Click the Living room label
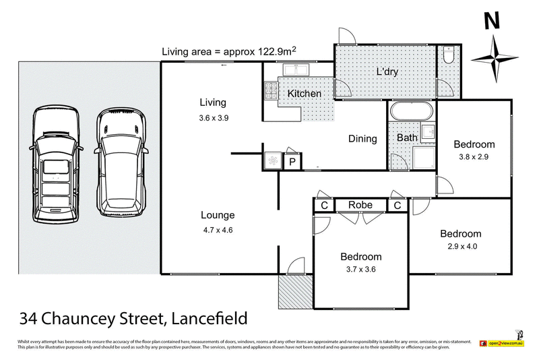pyautogui.click(x=212, y=102)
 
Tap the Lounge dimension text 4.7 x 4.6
pyautogui.click(x=217, y=229)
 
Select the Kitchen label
pyautogui.click(x=305, y=94)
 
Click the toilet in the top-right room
pyautogui.click(x=449, y=54)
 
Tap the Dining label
pyautogui.click(x=362, y=139)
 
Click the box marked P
pyautogui.click(x=293, y=161)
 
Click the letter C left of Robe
pyautogui.click(x=324, y=205)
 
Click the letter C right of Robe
pyautogui.click(x=398, y=205)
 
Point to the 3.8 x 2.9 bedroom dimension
pyautogui.click(x=474, y=157)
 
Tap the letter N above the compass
pyautogui.click(x=493, y=22)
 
